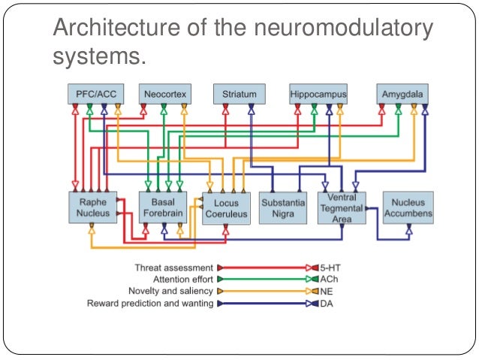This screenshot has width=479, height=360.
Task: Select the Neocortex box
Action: tap(164, 94)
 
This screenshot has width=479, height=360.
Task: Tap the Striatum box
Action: tap(239, 94)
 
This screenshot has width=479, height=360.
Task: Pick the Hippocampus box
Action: tap(318, 94)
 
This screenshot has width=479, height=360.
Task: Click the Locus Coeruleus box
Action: tap(226, 208)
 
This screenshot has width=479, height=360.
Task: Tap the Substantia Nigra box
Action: tap(284, 207)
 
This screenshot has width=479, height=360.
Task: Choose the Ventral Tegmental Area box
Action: tap(342, 207)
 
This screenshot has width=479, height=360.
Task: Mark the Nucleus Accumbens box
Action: tap(408, 207)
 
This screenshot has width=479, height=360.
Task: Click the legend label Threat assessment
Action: tap(173, 268)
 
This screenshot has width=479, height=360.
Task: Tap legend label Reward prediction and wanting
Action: tap(150, 303)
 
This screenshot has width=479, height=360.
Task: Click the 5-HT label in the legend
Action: tap(331, 268)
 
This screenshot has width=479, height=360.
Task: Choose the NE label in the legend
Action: tap(327, 291)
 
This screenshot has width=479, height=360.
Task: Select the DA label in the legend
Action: tap(327, 303)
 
